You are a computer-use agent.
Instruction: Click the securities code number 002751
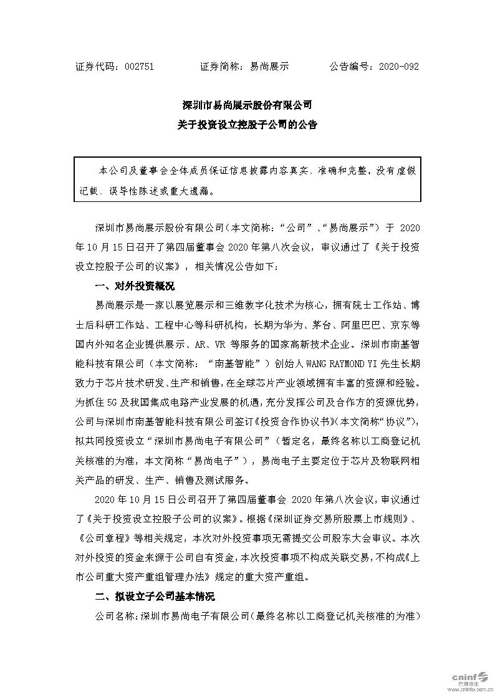coord(139,66)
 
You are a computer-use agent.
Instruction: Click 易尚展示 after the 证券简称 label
coord(269,66)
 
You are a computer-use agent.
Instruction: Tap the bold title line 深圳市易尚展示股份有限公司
coord(247,104)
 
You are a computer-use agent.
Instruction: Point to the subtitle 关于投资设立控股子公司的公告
coord(247,125)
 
